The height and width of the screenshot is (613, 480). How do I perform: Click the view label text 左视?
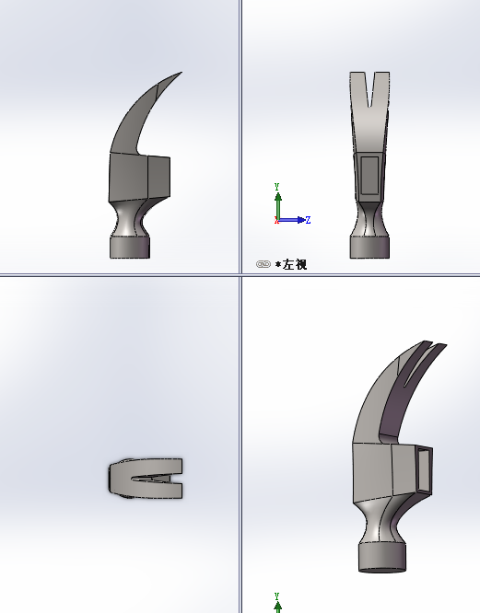pyautogui.click(x=295, y=265)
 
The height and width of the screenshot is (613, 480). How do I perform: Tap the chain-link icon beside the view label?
pyautogui.click(x=263, y=265)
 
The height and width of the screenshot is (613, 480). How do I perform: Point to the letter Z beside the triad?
pyautogui.click(x=307, y=220)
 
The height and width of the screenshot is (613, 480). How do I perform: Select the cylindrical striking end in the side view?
pyautogui.click(x=129, y=247)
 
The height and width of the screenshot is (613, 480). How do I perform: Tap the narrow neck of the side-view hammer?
pyautogui.click(x=130, y=219)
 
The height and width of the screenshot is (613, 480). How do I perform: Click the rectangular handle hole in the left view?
pyautogui.click(x=369, y=175)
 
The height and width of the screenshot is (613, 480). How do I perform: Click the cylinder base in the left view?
pyautogui.click(x=369, y=247)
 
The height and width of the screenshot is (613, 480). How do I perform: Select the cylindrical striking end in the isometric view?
pyautogui.click(x=381, y=557)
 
